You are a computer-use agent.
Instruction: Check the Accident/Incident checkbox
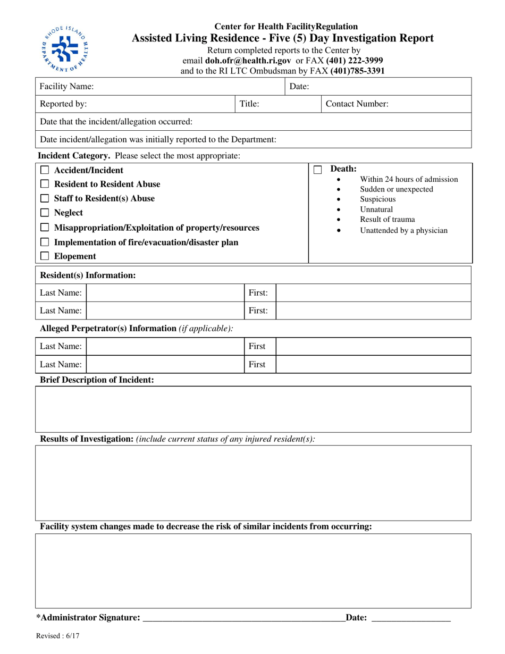(45, 170)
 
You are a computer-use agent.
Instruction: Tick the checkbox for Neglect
(45, 213)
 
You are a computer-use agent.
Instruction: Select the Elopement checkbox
(45, 256)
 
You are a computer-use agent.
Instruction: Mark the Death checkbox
(318, 170)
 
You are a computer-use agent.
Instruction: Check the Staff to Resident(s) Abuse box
(45, 198)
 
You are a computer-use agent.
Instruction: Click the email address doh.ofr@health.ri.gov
(248, 61)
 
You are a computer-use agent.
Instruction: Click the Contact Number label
(357, 104)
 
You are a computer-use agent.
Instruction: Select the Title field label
(249, 104)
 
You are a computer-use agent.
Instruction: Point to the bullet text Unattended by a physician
(403, 230)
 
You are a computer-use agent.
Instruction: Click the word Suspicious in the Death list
(377, 199)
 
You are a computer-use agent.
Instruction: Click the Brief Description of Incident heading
(97, 380)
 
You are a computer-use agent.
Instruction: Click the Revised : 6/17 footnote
(58, 635)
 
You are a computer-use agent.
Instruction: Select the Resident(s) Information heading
(88, 275)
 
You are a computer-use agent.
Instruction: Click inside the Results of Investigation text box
(253, 483)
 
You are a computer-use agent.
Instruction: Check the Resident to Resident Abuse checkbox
(45, 184)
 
